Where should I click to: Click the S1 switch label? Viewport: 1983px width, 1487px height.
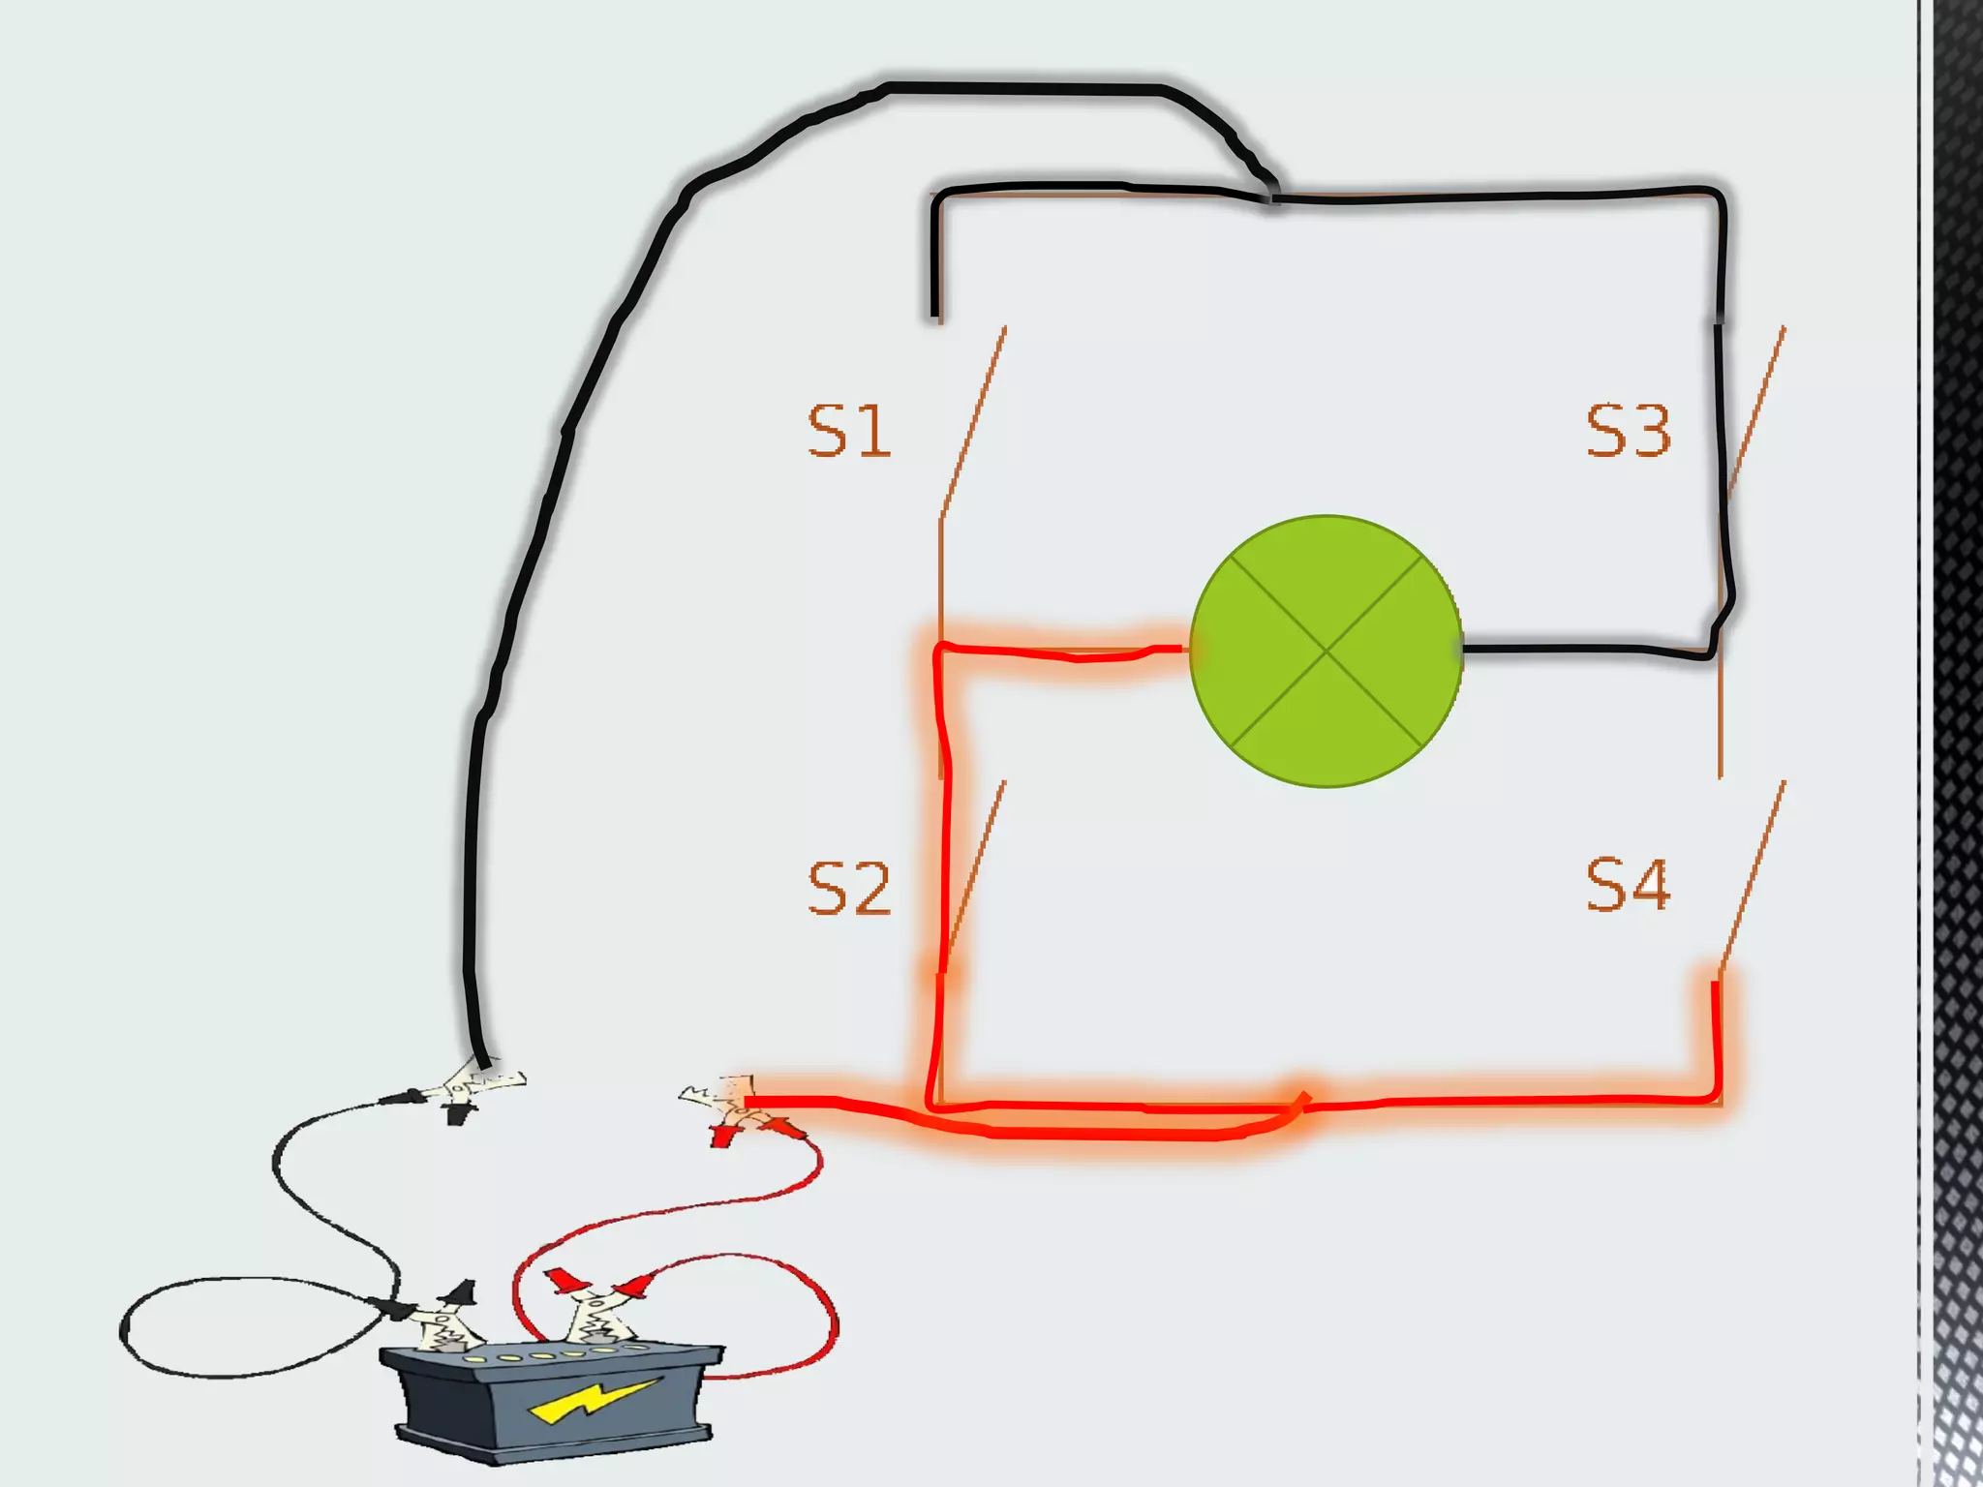848,432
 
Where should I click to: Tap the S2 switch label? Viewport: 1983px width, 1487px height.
848,888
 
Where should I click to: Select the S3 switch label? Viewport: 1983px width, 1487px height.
1628,432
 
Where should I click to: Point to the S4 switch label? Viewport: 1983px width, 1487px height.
1628,885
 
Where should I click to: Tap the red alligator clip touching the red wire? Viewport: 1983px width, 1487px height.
736,1113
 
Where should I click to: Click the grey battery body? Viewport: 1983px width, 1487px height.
552,1404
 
